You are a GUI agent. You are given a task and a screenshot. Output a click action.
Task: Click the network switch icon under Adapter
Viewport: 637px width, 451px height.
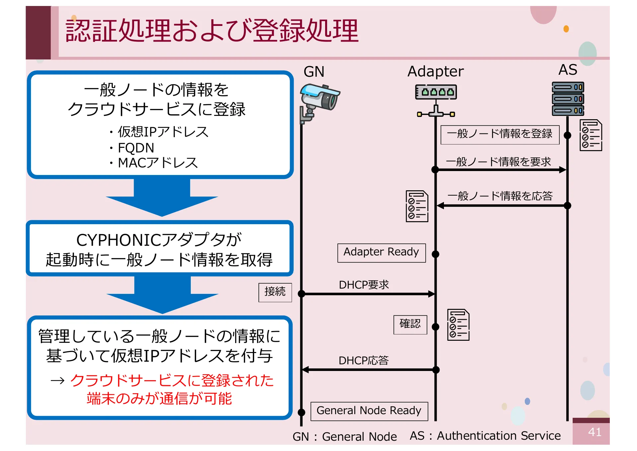[x=436, y=100]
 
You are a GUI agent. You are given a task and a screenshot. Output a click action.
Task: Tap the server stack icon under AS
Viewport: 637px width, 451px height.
[x=568, y=99]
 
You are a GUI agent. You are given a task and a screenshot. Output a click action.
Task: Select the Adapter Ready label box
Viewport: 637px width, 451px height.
[x=381, y=253]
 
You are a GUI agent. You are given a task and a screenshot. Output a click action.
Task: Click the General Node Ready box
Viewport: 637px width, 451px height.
[x=369, y=411]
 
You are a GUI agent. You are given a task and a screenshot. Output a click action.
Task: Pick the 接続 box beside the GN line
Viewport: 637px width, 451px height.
[x=275, y=292]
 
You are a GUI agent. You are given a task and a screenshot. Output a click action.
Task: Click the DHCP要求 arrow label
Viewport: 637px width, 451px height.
[x=364, y=285]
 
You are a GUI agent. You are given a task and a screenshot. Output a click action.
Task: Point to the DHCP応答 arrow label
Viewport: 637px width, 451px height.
[x=364, y=361]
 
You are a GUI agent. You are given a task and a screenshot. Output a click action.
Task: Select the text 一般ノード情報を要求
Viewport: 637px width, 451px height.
[x=498, y=162]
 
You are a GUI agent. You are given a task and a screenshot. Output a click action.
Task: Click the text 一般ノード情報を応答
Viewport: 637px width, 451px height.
[x=500, y=196]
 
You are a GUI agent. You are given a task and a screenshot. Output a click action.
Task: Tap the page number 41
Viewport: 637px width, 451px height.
[x=594, y=432]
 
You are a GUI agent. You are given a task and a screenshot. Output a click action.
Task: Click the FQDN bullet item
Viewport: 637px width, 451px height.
[x=136, y=148]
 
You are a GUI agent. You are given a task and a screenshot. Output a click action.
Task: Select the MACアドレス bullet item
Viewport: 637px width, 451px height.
[x=158, y=163]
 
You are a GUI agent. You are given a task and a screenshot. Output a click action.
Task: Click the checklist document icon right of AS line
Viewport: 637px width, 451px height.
[x=591, y=135]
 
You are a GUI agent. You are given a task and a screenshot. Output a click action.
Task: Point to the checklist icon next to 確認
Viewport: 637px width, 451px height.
[x=458, y=325]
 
